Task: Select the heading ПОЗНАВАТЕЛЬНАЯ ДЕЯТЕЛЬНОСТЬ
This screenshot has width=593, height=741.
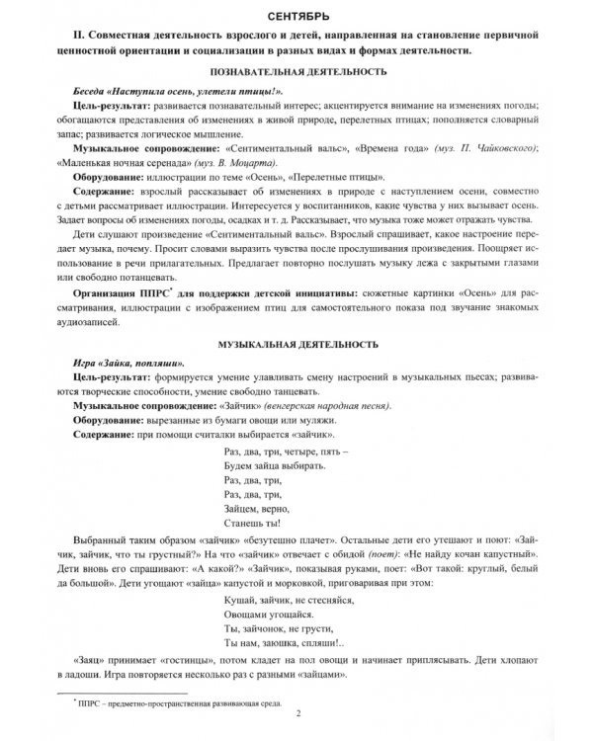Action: [296, 74]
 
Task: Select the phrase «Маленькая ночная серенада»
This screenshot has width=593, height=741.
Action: [129, 163]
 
